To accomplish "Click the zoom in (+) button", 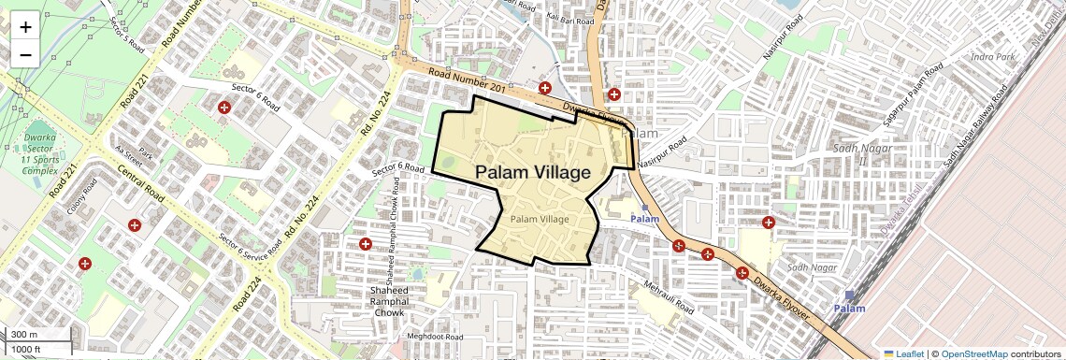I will click(x=25, y=26).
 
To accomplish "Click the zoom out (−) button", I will click(x=25, y=54).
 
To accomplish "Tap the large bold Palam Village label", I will click(x=533, y=172).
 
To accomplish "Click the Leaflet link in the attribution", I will click(x=904, y=353).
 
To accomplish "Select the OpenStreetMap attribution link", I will click(x=973, y=353).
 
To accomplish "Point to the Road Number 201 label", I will click(x=467, y=81).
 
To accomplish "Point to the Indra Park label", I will click(x=993, y=57).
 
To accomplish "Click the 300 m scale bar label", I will click(x=25, y=334).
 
